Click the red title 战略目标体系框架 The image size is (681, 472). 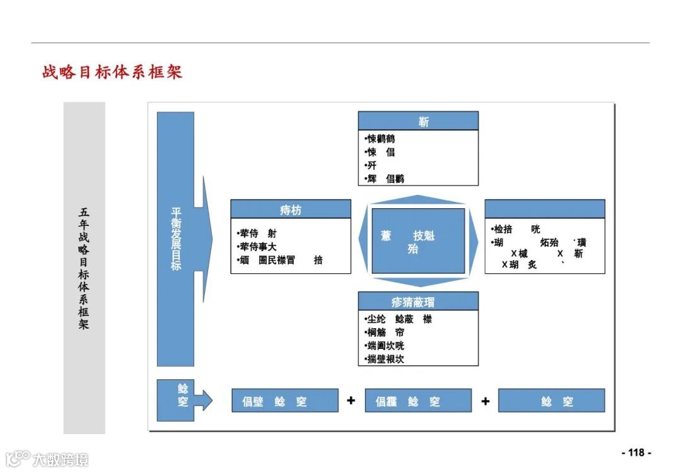(x=112, y=71)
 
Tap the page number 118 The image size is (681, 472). (x=636, y=452)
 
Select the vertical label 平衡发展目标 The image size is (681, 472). (x=176, y=239)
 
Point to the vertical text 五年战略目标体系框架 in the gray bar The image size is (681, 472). (x=84, y=268)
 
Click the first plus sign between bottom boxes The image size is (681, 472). (x=351, y=400)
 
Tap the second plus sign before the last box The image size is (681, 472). (x=485, y=400)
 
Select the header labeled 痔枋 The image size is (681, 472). (x=290, y=209)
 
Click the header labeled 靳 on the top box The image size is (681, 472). (x=418, y=121)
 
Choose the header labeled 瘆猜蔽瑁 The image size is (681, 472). (x=418, y=301)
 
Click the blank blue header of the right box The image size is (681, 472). (x=544, y=209)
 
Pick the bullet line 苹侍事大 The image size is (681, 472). (x=257, y=247)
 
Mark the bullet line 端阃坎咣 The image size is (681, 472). (x=385, y=346)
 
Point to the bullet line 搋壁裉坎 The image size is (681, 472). (x=385, y=359)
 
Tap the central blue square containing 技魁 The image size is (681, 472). (x=418, y=241)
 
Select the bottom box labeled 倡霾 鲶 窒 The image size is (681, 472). (x=418, y=401)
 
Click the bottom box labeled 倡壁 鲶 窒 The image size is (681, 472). (x=285, y=401)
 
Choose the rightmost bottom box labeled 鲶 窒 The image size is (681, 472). (x=551, y=401)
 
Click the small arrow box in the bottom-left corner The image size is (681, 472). (x=183, y=400)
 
